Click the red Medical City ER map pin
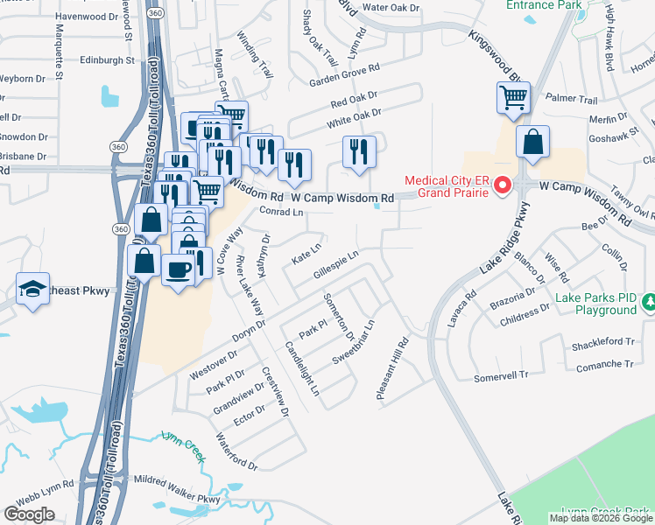pos(502,185)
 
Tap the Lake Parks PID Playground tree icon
pos(649,303)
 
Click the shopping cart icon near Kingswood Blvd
pos(513,98)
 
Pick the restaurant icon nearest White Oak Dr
pos(359,151)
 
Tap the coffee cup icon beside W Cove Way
pos(178,270)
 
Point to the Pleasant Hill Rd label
pos(393,370)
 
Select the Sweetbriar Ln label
pos(354,342)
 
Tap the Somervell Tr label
pos(503,375)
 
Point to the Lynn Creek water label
pos(182,441)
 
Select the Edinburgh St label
pos(106,60)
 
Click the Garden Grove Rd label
pos(345,75)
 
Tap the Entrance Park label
pos(543,5)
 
